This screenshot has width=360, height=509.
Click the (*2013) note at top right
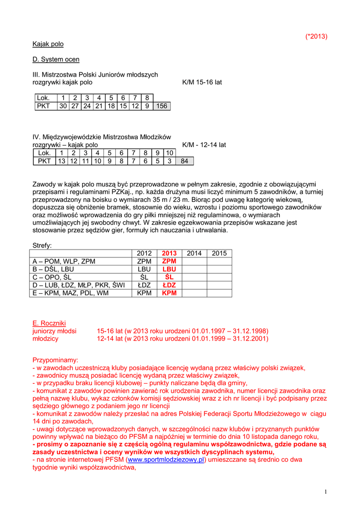point(316,36)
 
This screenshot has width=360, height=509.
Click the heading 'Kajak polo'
point(48,44)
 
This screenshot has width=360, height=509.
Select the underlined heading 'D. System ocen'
point(56,60)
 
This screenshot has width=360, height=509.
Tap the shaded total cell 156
point(162,106)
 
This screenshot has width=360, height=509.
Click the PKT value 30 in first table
point(63,106)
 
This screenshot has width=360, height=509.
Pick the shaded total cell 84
point(184,161)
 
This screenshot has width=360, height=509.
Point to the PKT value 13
point(62,161)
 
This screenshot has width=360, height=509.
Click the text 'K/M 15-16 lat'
point(202,82)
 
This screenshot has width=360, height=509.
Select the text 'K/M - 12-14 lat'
point(204,145)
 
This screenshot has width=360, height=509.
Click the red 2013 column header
point(169,254)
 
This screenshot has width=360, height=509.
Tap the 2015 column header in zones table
point(219,254)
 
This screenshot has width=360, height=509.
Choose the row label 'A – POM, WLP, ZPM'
point(64,261)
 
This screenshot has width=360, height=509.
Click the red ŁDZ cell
point(169,285)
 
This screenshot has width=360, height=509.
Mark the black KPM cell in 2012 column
point(144,293)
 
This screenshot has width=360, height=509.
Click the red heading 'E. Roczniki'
point(49,323)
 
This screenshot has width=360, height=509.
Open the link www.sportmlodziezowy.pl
point(166,460)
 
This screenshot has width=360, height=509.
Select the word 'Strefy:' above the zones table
point(42,245)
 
